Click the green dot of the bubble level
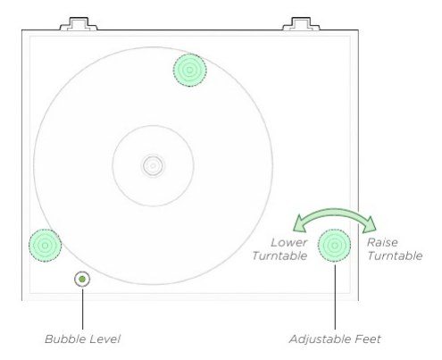(x=82, y=280)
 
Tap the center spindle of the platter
(x=153, y=164)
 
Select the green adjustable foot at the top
(x=189, y=69)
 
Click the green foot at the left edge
(x=45, y=244)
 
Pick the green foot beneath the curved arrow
(x=335, y=244)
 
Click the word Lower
(x=289, y=242)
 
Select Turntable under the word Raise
(x=394, y=255)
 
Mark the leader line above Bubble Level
(x=82, y=308)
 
